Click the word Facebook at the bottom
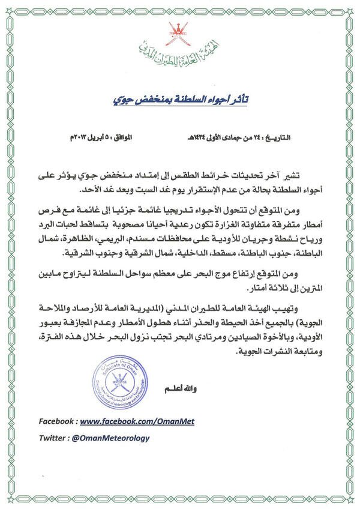click(57, 423)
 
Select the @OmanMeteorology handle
click(110, 439)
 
